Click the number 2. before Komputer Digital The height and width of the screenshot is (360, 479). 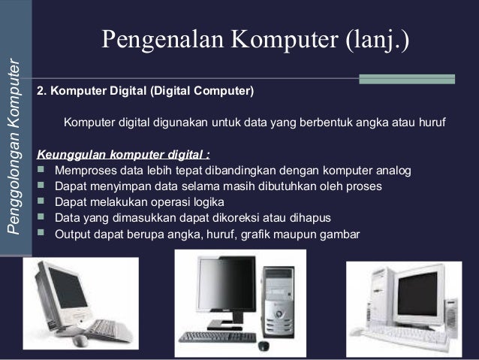pyautogui.click(x=42, y=92)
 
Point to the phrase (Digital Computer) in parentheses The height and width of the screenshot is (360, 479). pyautogui.click(x=202, y=92)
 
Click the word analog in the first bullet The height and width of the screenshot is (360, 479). pyautogui.click(x=395, y=171)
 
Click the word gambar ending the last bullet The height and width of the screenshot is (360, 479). pyautogui.click(x=340, y=234)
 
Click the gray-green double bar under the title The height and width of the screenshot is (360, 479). pyautogui.click(x=407, y=78)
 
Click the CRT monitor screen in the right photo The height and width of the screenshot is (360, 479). pyautogui.click(x=417, y=293)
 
